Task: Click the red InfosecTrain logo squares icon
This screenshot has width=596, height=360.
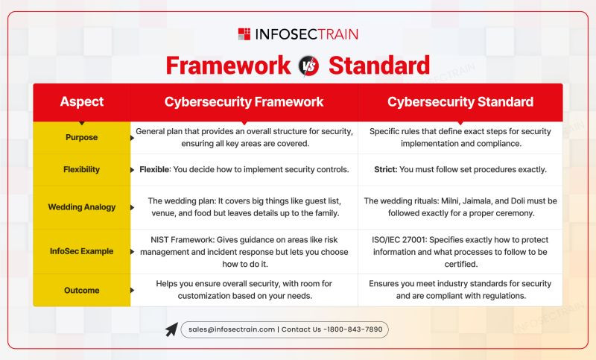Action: [244, 34]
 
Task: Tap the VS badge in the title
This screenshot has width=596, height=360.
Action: [308, 66]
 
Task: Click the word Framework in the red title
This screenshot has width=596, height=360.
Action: [228, 66]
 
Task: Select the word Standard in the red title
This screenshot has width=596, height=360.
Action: [379, 66]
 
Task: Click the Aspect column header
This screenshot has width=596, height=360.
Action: [82, 101]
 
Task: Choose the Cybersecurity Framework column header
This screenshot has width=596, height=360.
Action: [244, 102]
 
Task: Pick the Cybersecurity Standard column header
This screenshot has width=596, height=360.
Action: [460, 102]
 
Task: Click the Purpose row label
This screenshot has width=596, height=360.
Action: [82, 137]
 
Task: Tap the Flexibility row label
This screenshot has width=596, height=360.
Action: [82, 169]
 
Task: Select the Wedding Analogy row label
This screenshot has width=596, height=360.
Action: [82, 206]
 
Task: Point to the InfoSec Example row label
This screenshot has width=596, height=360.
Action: [82, 251]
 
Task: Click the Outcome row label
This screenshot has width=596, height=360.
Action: [82, 291]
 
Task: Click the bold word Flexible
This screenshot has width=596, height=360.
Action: [154, 169]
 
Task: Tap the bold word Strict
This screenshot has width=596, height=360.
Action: [385, 169]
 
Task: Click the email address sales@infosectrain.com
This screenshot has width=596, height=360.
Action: [232, 329]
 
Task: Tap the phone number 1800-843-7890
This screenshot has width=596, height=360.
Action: [355, 329]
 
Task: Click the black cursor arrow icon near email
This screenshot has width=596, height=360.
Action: [171, 329]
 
